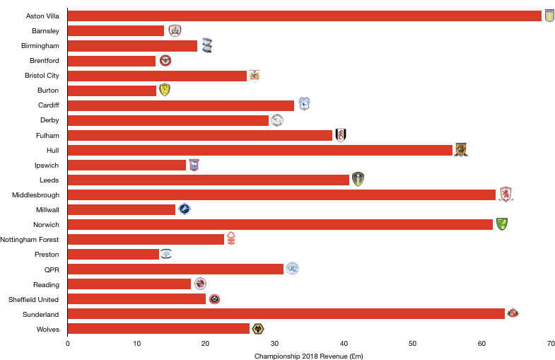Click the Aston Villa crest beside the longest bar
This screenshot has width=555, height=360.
[x=549, y=16]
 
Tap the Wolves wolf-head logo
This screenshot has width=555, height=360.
[x=258, y=329]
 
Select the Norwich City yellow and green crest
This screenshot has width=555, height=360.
[x=502, y=224]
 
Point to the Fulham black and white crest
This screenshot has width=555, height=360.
[x=341, y=135]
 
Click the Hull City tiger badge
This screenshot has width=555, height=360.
[x=461, y=150]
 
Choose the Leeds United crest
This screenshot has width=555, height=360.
[x=358, y=180]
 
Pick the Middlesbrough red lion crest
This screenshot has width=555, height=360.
[x=506, y=194]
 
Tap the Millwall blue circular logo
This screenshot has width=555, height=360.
[x=185, y=209]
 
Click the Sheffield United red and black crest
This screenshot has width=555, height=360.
[x=214, y=299]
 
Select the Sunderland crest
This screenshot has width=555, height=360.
[x=513, y=312]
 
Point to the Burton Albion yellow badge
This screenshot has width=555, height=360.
[x=165, y=90]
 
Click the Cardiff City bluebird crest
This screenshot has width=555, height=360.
[x=304, y=104]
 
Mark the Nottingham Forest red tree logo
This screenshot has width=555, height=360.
[x=231, y=238]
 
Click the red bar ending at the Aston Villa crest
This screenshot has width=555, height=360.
[x=304, y=16]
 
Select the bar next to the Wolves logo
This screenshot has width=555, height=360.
[x=158, y=329]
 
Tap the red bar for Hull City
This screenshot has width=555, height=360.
[x=259, y=150]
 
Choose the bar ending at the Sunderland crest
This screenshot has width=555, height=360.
[x=286, y=314]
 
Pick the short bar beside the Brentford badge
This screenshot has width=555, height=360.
[x=112, y=61]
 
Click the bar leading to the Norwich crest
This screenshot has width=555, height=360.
[x=280, y=224]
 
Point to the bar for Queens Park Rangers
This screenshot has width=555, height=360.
[x=175, y=269]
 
